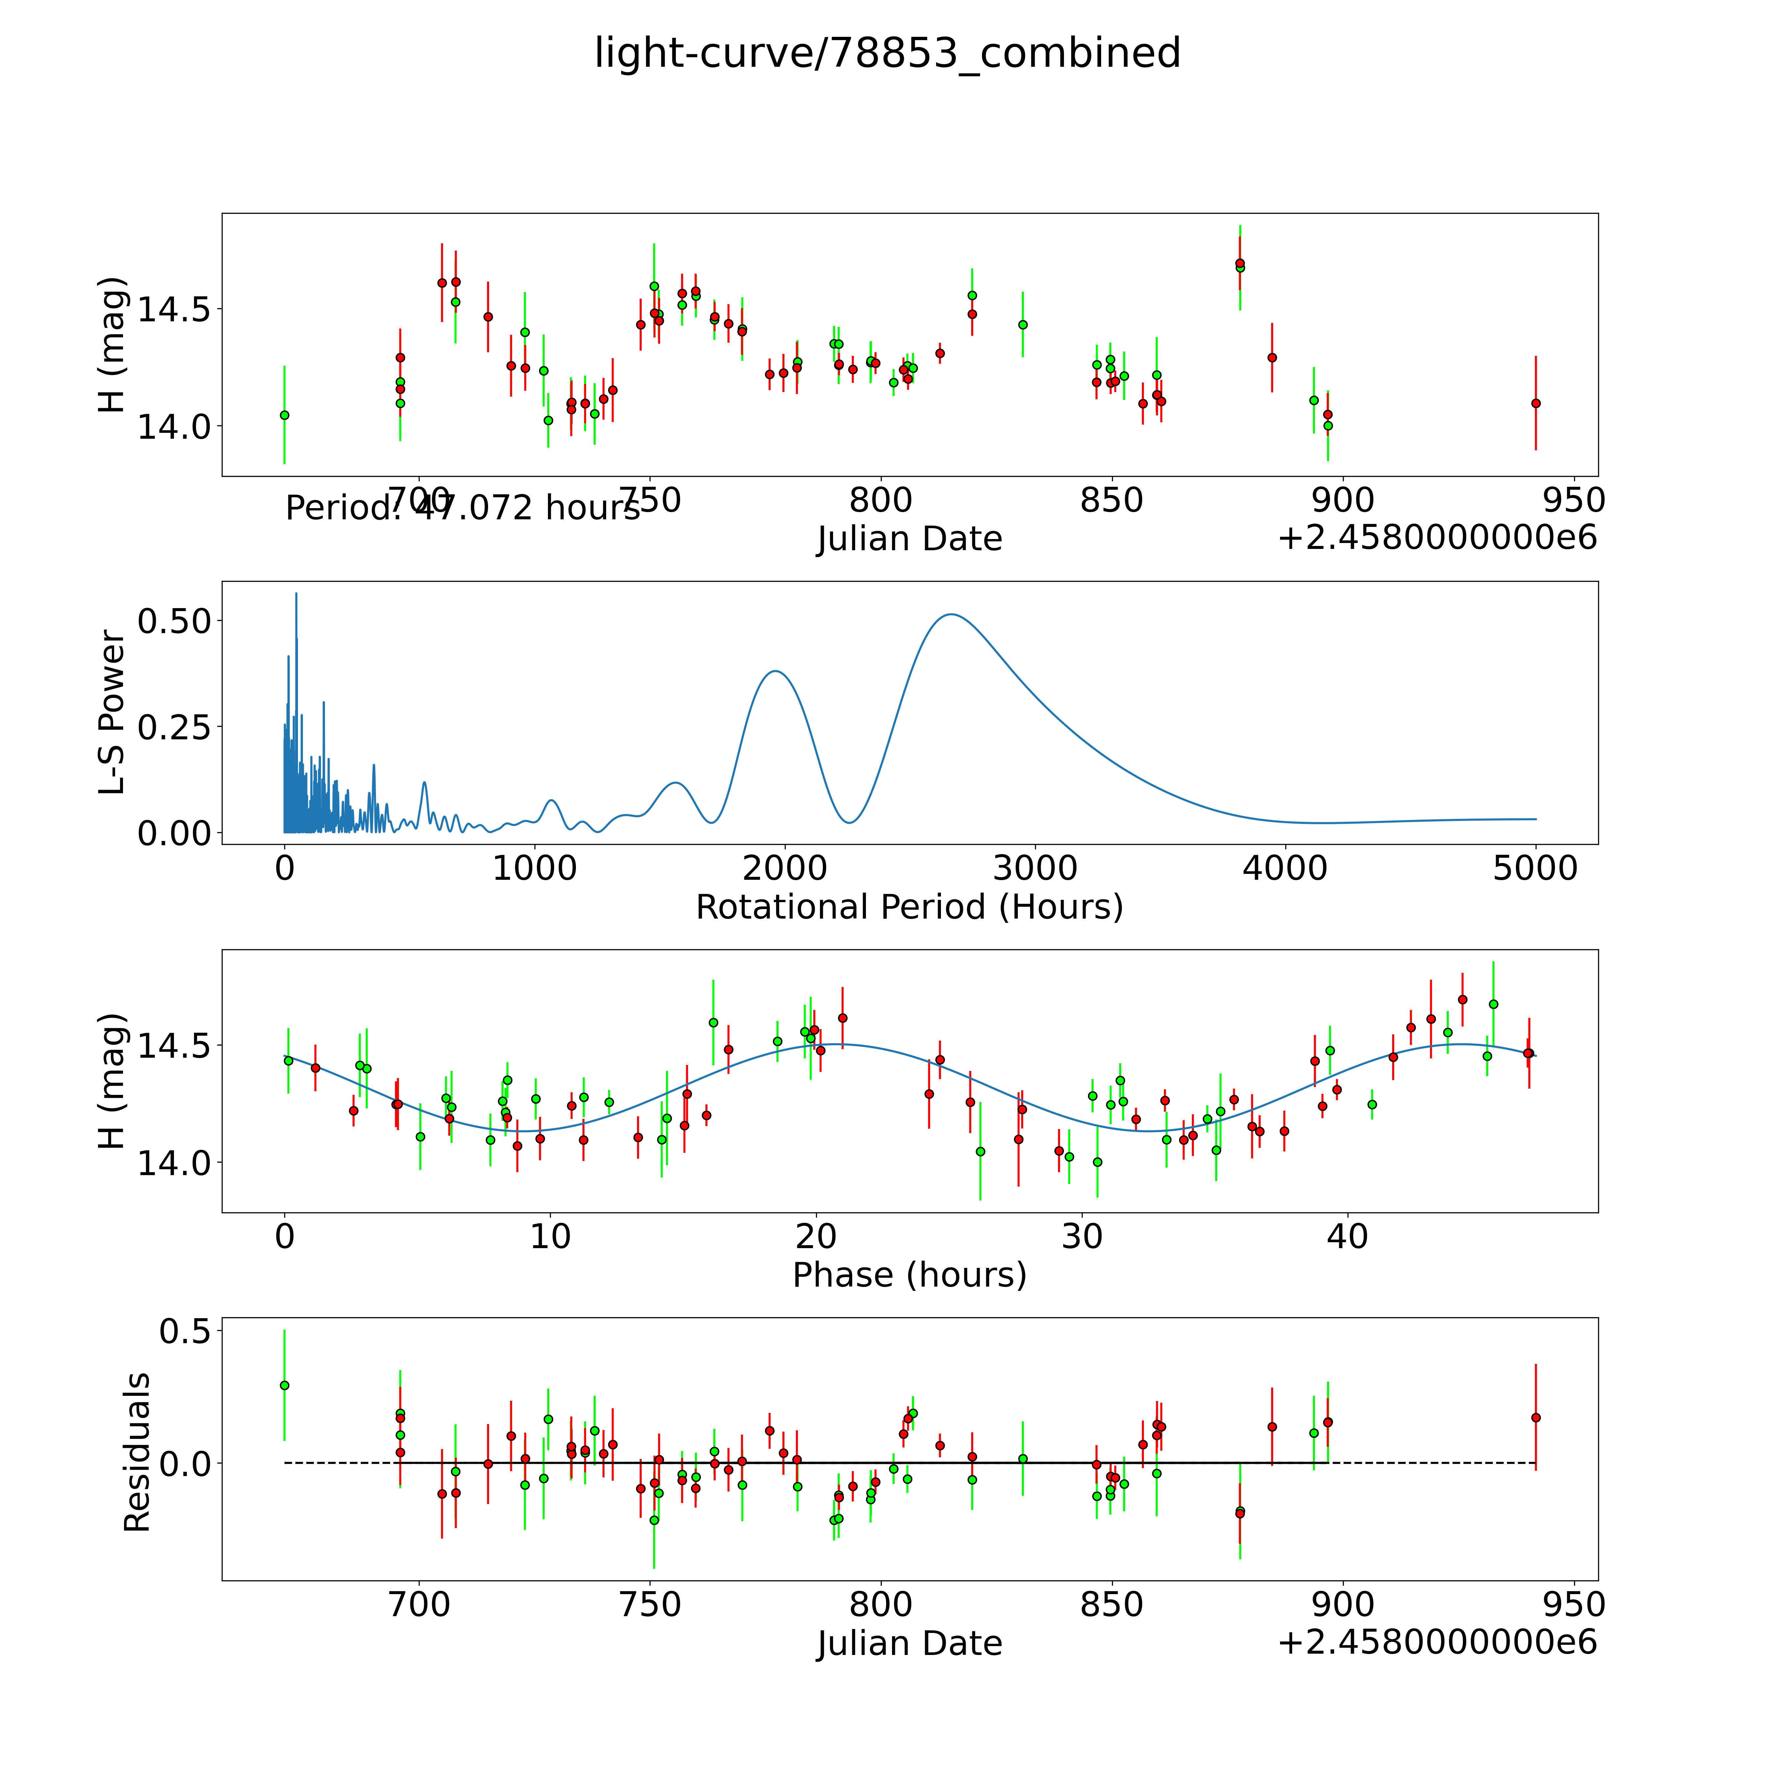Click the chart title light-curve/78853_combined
887,53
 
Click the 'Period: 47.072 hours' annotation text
462,507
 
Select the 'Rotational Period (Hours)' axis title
909,907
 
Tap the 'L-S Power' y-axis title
111,712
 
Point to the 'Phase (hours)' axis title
909,1275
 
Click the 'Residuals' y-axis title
136,1452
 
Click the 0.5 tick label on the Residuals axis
184,1330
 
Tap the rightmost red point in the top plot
1535,403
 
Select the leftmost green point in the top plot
284,415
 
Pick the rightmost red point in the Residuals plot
1535,1418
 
